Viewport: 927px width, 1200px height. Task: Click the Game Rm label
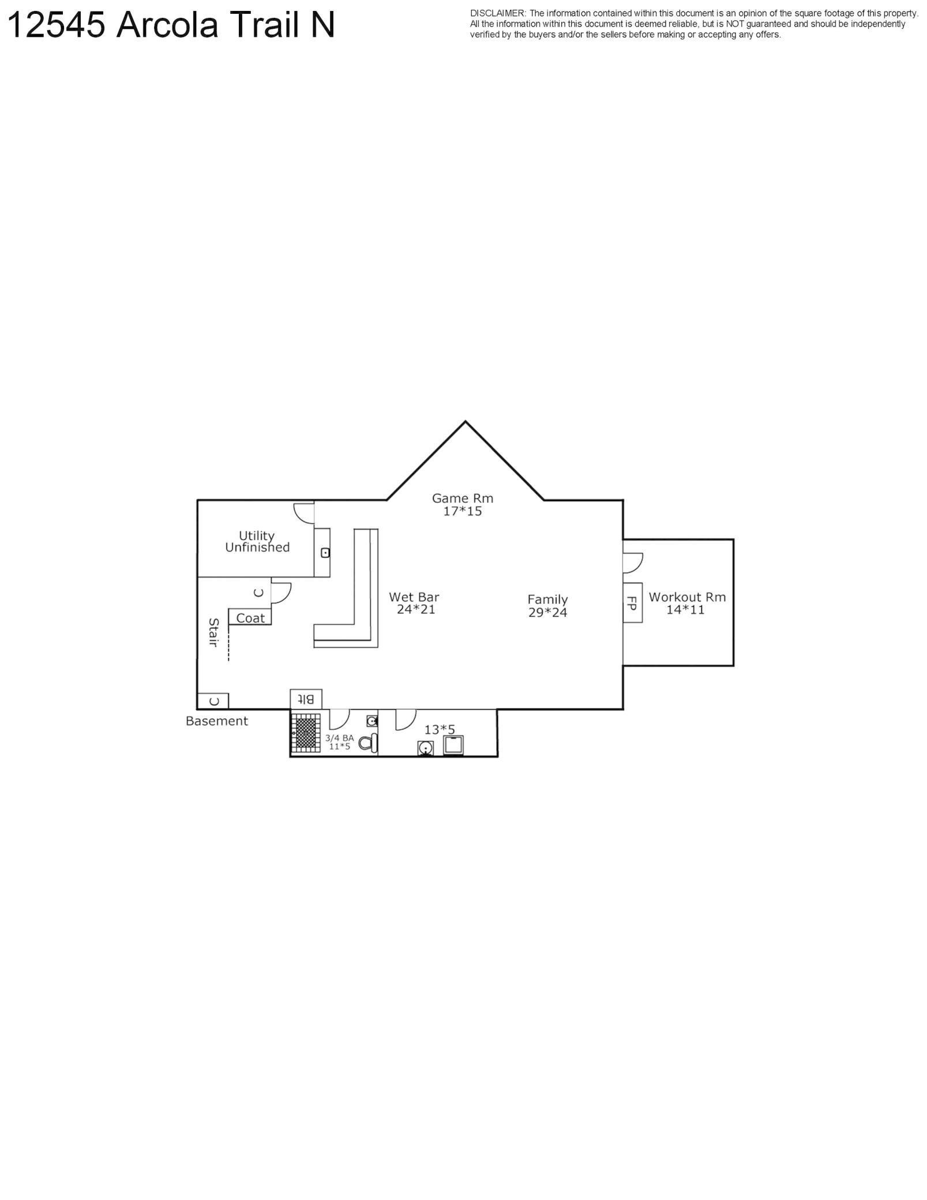tap(462, 498)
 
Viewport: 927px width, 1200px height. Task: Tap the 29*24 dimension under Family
tap(547, 613)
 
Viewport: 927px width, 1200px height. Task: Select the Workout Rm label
tap(686, 597)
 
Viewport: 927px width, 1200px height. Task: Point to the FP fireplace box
tap(632, 602)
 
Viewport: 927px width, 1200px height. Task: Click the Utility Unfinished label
tap(257, 542)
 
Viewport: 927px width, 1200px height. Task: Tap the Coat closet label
tap(250, 618)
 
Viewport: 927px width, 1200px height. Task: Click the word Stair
tap(213, 632)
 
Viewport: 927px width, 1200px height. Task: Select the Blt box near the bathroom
tap(306, 699)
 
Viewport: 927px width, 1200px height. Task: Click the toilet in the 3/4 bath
tap(368, 743)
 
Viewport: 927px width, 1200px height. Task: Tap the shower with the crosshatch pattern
tap(305, 733)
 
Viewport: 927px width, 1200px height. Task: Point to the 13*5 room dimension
tap(440, 730)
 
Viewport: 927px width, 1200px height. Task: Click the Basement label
tap(217, 721)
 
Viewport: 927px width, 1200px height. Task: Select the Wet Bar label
tap(414, 597)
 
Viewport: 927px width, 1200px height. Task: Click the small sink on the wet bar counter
tap(325, 553)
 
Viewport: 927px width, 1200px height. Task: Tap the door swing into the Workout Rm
tap(633, 562)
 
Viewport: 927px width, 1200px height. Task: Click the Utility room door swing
tap(303, 512)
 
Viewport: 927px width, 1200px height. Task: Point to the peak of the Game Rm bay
tap(466, 422)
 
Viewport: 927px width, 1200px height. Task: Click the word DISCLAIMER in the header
tap(497, 13)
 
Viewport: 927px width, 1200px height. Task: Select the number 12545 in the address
tap(57, 26)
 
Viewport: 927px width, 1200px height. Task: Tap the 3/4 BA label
tap(339, 738)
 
